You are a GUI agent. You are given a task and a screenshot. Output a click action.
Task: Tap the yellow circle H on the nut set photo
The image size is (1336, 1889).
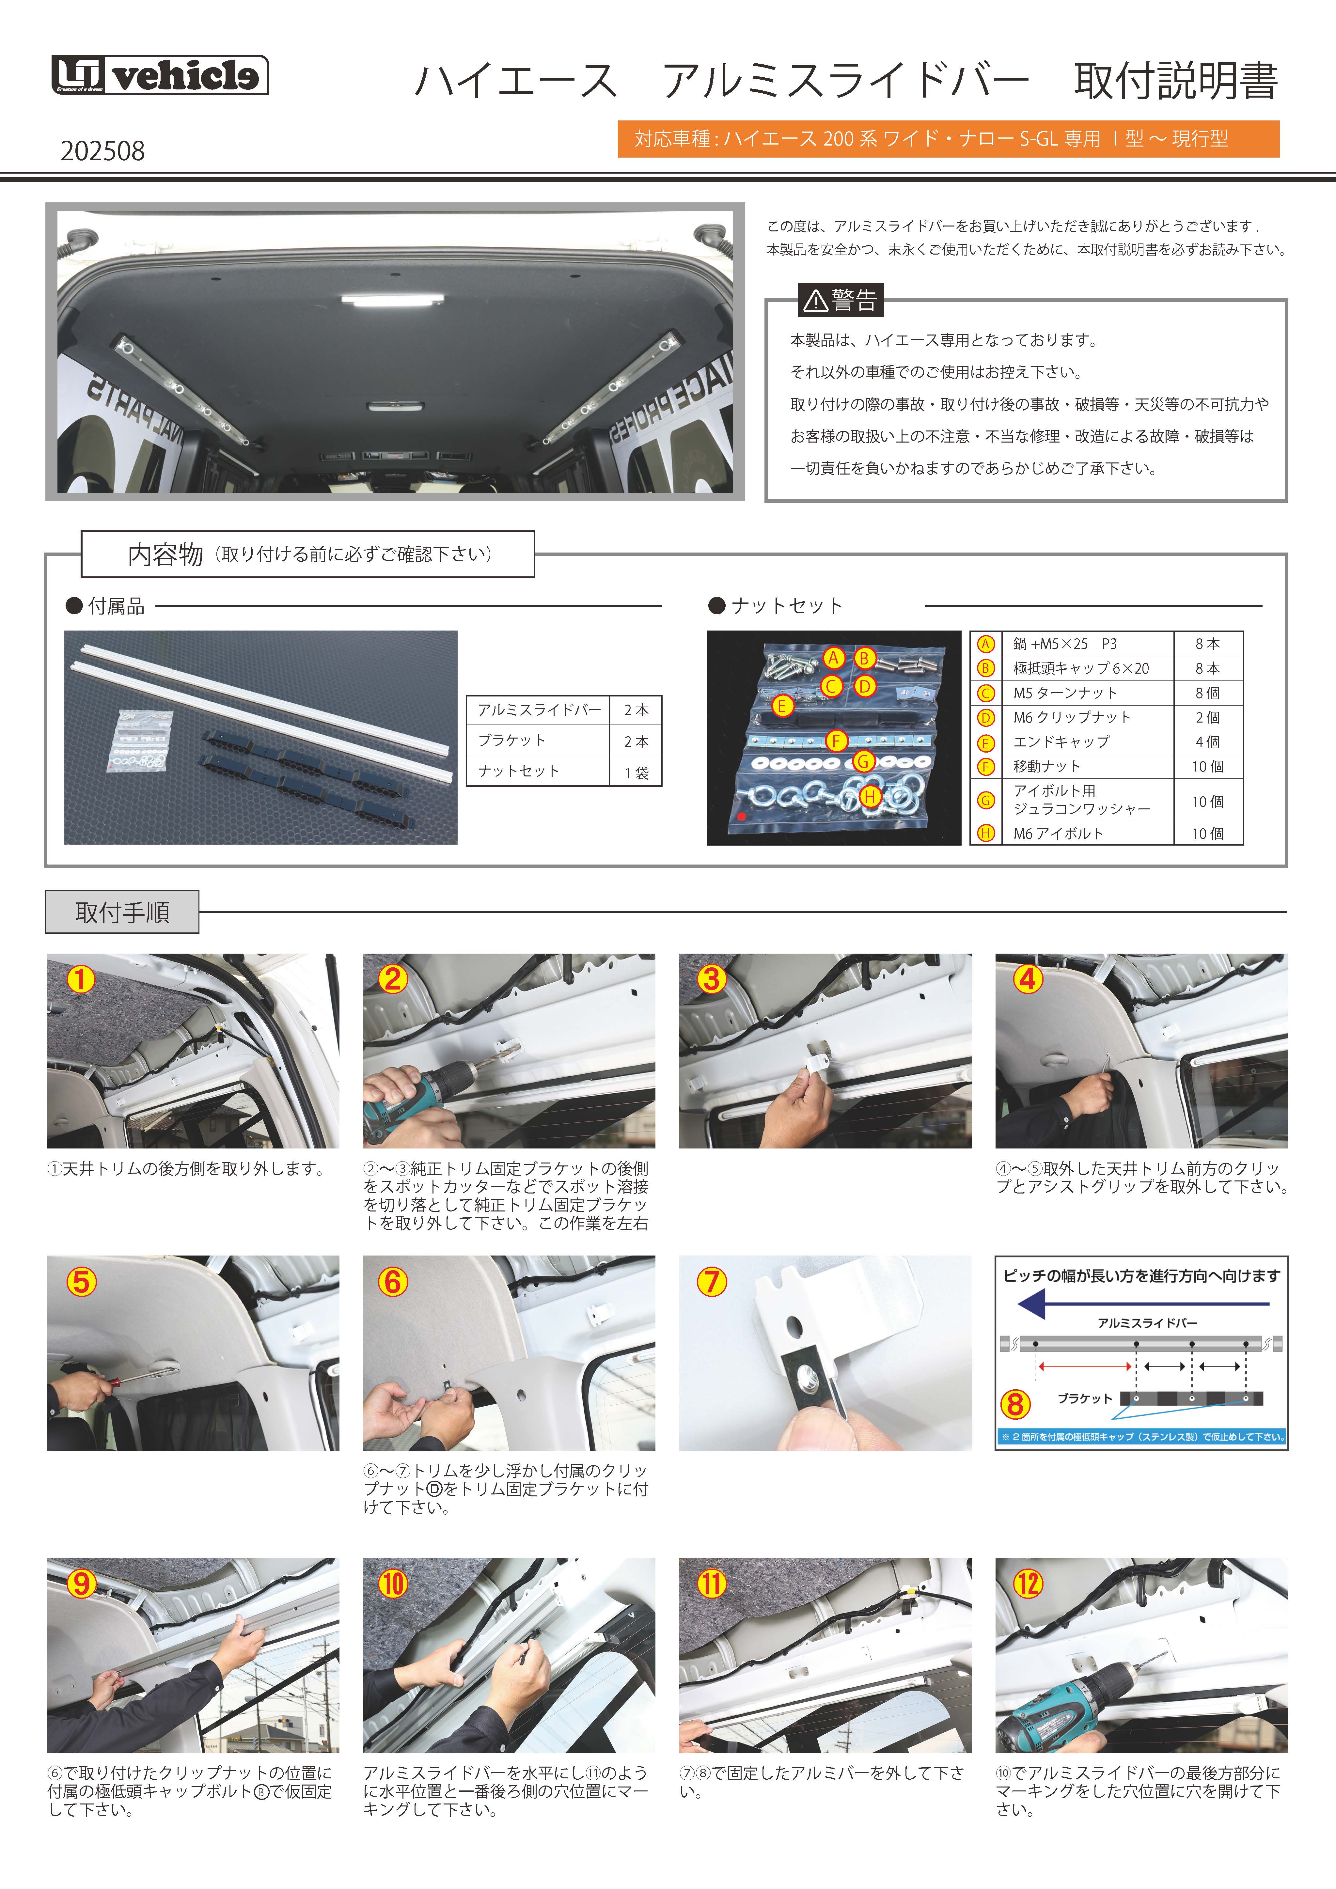pyautogui.click(x=870, y=796)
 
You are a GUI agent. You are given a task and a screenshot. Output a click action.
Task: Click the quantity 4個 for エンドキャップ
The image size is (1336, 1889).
pyautogui.click(x=1208, y=742)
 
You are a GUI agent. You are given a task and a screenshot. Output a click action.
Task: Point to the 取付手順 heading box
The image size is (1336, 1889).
pyautogui.click(x=122, y=912)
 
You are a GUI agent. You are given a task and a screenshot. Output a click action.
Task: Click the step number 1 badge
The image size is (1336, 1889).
pyautogui.click(x=81, y=979)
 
